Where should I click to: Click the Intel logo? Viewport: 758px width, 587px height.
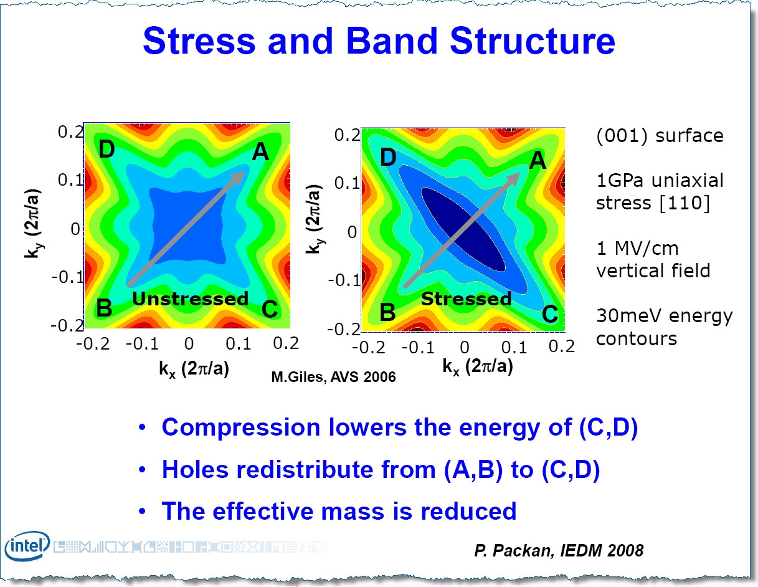point(26,548)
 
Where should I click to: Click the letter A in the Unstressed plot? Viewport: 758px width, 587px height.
point(260,151)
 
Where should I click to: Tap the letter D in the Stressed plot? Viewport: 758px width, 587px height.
point(388,157)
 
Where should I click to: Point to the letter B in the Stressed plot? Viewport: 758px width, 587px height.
point(387,312)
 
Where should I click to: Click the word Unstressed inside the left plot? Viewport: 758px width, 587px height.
point(190,298)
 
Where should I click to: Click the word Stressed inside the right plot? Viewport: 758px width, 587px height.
point(466,299)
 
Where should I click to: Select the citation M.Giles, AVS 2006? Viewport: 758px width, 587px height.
point(333,377)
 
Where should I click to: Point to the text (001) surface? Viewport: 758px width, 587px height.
point(660,135)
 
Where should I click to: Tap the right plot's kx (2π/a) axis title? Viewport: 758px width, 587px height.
point(478,366)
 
